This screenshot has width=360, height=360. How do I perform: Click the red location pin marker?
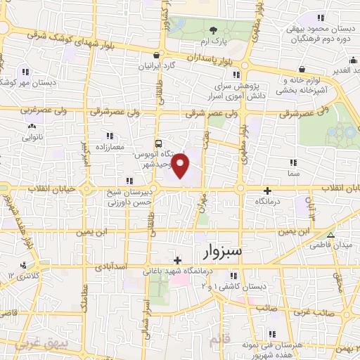(181, 166)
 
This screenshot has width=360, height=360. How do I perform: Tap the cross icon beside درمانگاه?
(266, 191)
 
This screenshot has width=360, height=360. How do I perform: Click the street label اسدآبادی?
(109, 268)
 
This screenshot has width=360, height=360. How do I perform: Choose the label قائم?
(219, 340)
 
